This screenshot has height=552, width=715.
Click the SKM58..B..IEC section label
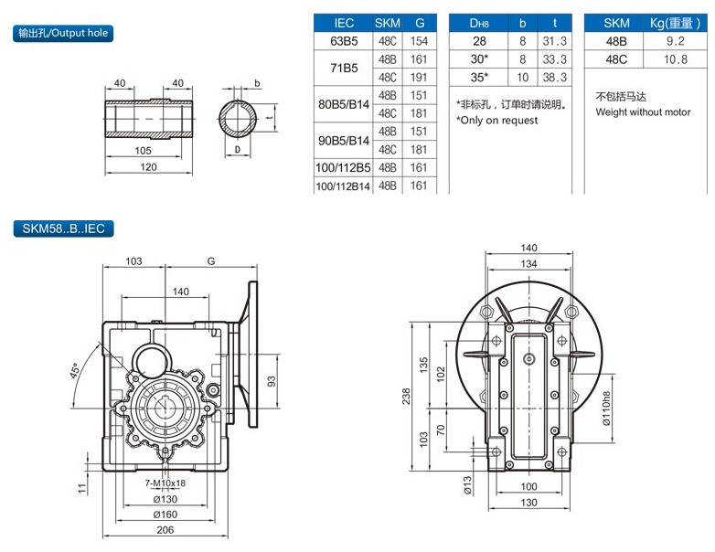[x=63, y=230]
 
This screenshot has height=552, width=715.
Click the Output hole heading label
[x=63, y=33]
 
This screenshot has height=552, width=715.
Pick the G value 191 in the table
[x=420, y=78]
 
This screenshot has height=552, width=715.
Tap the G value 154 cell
[x=420, y=41]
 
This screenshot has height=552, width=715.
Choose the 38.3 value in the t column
[x=554, y=78]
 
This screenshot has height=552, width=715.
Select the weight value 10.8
[x=675, y=59]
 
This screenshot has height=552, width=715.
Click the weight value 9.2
[x=675, y=41]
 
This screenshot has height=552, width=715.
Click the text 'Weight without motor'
[x=644, y=112]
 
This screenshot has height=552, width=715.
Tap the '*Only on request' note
[x=497, y=121]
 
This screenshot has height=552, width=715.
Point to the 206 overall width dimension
[x=165, y=529]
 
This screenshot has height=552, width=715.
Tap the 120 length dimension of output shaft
[x=148, y=166]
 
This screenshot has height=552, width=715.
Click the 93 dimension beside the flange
[x=271, y=380]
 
